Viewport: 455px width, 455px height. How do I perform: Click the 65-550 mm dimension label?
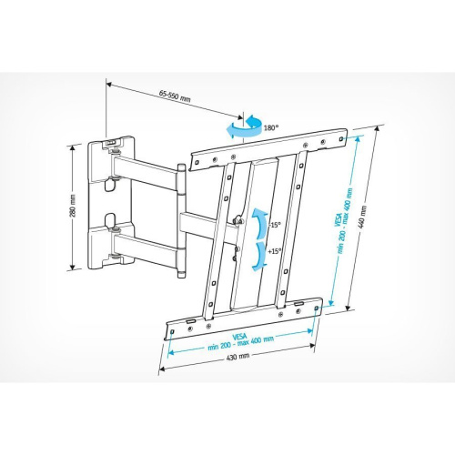(x=175, y=95)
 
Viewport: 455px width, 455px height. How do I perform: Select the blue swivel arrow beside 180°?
(x=248, y=128)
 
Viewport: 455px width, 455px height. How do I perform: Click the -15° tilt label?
(x=274, y=224)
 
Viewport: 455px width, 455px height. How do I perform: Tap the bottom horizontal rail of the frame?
(x=246, y=311)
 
